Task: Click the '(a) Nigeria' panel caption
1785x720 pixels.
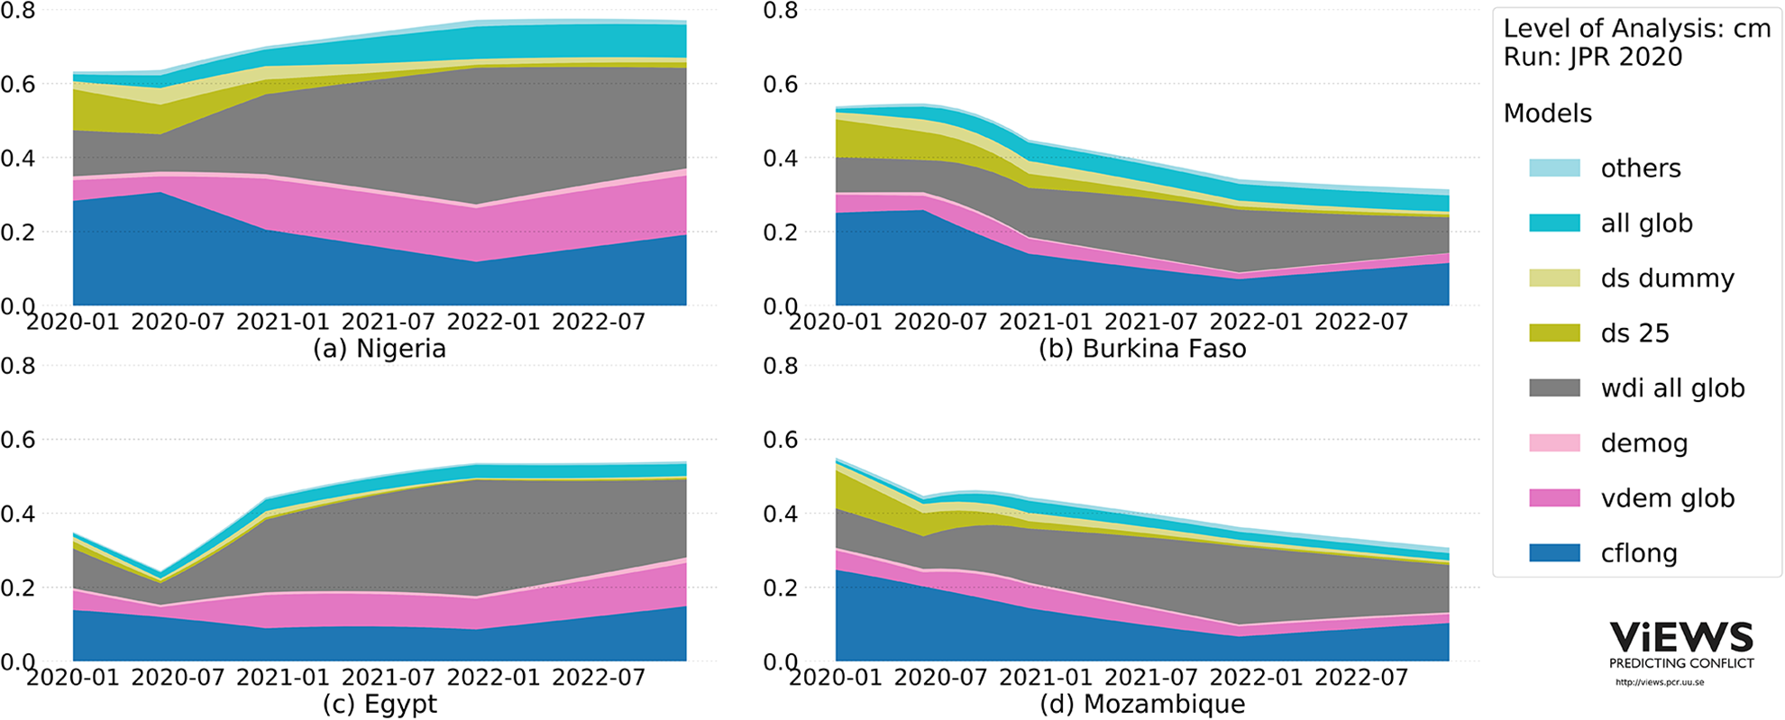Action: (x=379, y=349)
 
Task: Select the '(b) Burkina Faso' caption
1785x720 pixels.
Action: (x=1142, y=349)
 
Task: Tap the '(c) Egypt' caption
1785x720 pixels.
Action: (x=380, y=704)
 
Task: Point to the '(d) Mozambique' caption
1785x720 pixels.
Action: (x=1142, y=704)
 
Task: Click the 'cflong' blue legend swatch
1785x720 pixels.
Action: (x=1554, y=553)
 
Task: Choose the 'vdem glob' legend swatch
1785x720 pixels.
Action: (x=1554, y=498)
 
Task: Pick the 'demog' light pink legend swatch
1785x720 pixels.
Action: (x=1554, y=443)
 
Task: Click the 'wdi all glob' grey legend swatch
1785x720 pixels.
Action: (x=1554, y=388)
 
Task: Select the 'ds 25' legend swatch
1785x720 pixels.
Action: (x=1554, y=333)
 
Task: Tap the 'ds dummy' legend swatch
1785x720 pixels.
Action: (x=1554, y=278)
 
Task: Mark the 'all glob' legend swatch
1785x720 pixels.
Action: (x=1554, y=223)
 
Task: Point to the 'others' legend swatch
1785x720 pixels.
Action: (x=1554, y=169)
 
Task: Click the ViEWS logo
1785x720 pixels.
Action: (x=1682, y=644)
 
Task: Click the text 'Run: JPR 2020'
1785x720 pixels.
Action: (x=1593, y=57)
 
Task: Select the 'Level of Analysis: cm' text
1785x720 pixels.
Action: (x=1637, y=29)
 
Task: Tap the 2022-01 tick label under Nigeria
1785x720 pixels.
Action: (x=493, y=322)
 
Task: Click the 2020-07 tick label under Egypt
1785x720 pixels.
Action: (x=178, y=678)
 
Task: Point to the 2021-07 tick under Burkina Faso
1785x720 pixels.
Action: (x=1151, y=322)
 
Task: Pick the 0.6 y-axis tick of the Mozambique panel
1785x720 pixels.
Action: (x=781, y=440)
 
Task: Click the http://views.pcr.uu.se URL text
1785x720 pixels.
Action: (x=1660, y=682)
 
